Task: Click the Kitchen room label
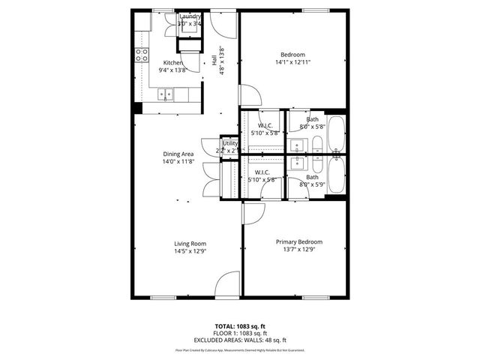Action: [173, 62]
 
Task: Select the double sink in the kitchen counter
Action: [166, 94]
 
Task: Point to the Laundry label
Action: [190, 16]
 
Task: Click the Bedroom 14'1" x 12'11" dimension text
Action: [292, 62]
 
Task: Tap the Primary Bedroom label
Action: [298, 241]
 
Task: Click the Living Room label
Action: [190, 244]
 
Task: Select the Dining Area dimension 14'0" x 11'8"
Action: [178, 161]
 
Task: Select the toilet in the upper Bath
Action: [316, 145]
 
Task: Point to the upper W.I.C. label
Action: [265, 125]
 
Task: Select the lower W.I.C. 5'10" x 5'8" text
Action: [262, 180]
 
